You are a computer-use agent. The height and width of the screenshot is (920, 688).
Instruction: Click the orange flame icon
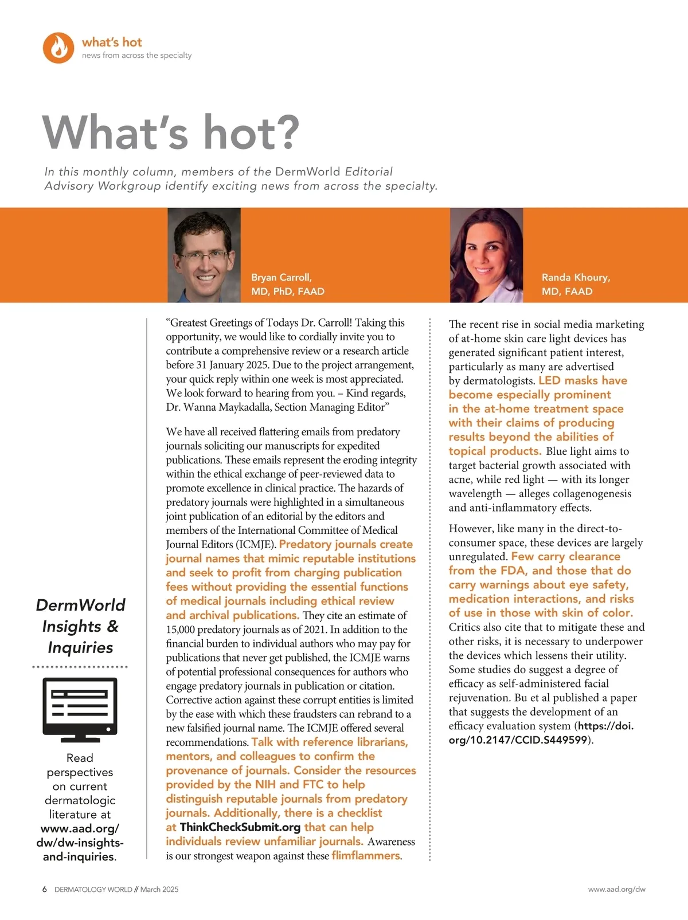[x=58, y=48]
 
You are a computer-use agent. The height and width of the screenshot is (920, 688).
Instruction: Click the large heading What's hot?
[x=171, y=132]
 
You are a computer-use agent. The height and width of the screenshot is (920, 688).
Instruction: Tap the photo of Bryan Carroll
[x=204, y=255]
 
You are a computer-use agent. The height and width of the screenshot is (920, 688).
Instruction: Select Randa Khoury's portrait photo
[x=486, y=255]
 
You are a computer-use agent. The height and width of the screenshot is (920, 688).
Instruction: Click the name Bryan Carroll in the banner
[x=281, y=277]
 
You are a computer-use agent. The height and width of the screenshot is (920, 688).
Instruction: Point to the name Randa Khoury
[x=576, y=277]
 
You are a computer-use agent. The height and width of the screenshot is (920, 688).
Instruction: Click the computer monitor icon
[x=80, y=709]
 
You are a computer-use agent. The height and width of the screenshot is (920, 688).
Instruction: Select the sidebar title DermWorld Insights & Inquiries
[x=80, y=626]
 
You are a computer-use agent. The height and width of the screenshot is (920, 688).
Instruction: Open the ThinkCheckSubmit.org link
[x=240, y=827]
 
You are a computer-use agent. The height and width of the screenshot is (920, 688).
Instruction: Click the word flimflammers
[x=366, y=856]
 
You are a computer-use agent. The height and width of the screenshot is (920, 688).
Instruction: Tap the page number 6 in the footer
[x=45, y=890]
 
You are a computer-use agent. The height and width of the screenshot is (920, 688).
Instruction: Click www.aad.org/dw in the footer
[x=616, y=890]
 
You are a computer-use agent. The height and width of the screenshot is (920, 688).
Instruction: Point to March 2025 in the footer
[x=159, y=890]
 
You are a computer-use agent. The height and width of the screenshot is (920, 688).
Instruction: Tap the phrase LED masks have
[x=583, y=381]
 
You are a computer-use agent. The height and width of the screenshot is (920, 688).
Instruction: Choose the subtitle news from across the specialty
[x=136, y=56]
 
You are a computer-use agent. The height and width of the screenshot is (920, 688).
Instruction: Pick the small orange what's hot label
[x=112, y=42]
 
